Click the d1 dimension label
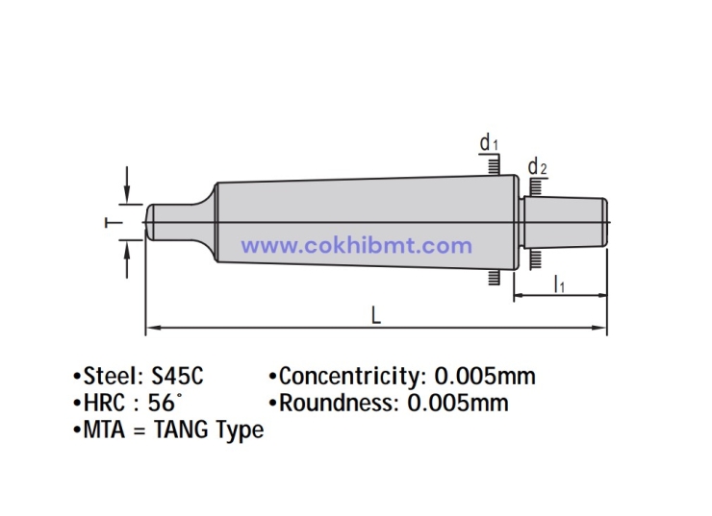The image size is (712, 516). (x=489, y=144)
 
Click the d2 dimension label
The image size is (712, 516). (x=538, y=168)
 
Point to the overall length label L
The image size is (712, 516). (x=376, y=314)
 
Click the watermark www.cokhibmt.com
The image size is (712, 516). (x=356, y=246)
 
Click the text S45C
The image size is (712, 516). (x=177, y=376)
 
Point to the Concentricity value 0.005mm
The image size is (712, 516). (x=485, y=376)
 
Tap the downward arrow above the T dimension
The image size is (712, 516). (x=127, y=187)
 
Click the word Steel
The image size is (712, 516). (x=109, y=376)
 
